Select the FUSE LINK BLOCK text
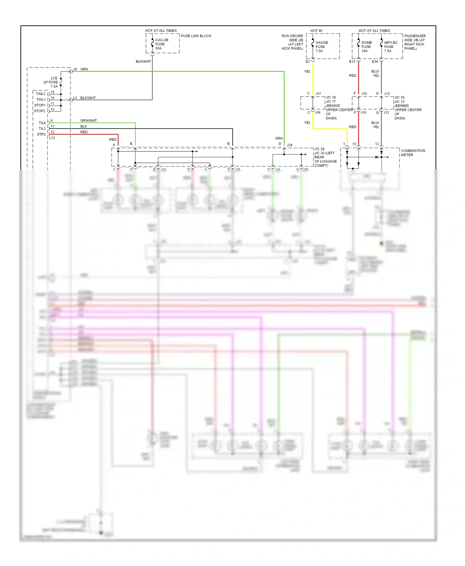tap(196, 36)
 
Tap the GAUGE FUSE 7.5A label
tap(321, 47)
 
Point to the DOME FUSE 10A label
tap(366, 47)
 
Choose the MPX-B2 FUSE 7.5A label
tap(390, 47)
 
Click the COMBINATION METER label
tap(413, 153)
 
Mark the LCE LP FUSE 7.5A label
tap(51, 82)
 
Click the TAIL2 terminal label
tap(41, 94)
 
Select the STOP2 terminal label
tap(39, 111)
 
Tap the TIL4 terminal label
tap(42, 123)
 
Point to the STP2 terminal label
tap(41, 134)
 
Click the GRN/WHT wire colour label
tap(88, 120)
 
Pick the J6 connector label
tap(75, 69)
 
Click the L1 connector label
tap(75, 98)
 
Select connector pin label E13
tap(352, 62)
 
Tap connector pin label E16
tap(375, 62)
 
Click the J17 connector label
tap(318, 94)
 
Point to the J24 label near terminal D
tap(290, 145)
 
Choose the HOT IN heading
tap(316, 31)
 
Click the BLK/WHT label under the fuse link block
tap(143, 61)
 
